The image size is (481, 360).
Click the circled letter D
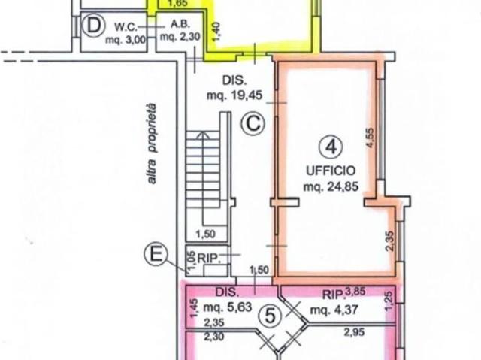click(93, 26)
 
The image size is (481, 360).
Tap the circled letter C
click(253, 124)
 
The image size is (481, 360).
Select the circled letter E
click(156, 254)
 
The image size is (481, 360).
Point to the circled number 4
click(331, 147)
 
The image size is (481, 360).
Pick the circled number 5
click(271, 316)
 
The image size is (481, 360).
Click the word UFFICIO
click(331, 171)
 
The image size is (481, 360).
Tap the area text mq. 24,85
click(331, 186)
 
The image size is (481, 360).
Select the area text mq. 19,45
click(234, 95)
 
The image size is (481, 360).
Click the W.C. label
click(126, 27)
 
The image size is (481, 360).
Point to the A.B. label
click(180, 24)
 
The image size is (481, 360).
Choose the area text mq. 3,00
click(126, 40)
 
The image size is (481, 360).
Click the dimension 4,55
click(371, 138)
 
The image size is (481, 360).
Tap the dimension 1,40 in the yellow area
click(216, 32)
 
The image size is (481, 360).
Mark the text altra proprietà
click(152, 144)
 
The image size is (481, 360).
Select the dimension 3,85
click(355, 292)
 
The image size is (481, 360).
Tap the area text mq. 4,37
click(334, 310)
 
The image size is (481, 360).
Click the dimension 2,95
click(354, 332)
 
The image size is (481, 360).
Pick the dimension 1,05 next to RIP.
click(192, 260)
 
